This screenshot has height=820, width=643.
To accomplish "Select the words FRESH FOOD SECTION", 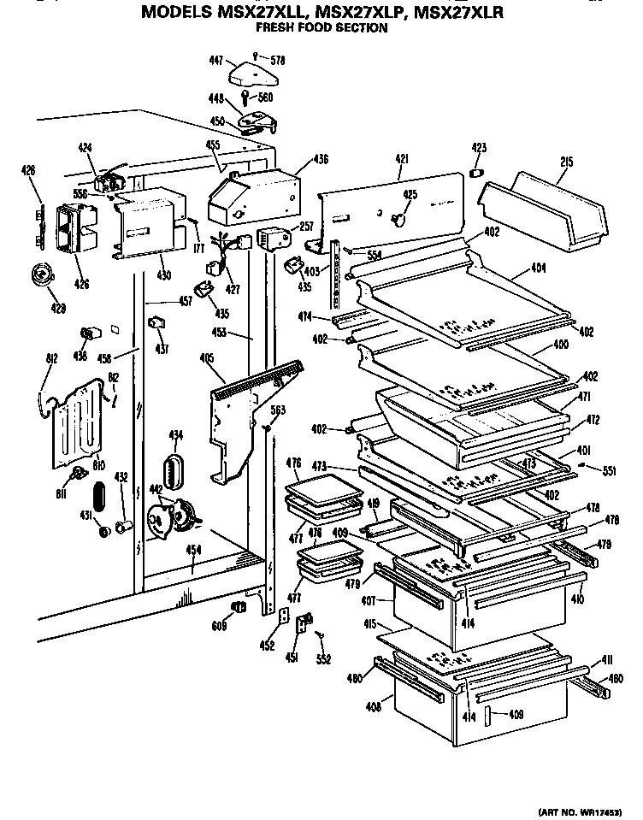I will [321, 28].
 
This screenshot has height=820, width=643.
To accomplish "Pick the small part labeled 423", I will [477, 174].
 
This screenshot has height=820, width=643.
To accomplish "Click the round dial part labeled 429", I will [38, 274].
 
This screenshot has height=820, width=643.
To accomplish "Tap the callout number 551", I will [608, 470].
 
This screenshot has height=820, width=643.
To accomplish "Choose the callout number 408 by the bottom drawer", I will [374, 709].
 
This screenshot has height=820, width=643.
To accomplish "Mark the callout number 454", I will [195, 550].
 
